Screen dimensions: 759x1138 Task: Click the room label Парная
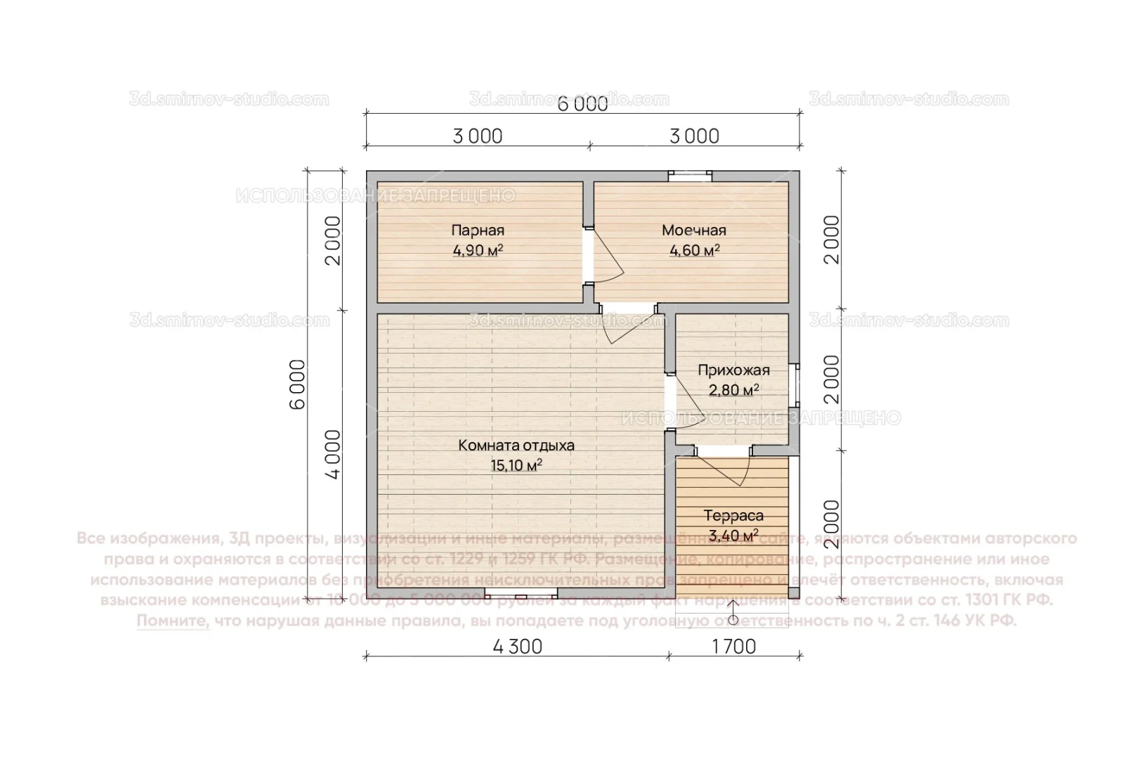point(478,230)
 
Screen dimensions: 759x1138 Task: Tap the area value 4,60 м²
point(694,250)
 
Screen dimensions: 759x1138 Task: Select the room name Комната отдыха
point(516,445)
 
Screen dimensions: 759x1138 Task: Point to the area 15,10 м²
point(516,465)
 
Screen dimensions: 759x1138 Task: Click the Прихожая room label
point(733,370)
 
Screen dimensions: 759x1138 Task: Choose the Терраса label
point(733,515)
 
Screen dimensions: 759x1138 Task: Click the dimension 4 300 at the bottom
point(518,646)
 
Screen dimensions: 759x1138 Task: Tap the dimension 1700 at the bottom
point(733,646)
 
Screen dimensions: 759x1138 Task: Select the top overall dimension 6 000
point(582,104)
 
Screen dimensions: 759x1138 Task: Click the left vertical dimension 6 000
point(298,384)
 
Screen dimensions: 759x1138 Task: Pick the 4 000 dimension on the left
point(332,454)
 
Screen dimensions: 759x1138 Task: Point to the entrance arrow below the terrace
point(733,613)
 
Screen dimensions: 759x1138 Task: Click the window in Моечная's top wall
point(689,176)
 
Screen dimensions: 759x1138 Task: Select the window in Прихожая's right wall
point(794,384)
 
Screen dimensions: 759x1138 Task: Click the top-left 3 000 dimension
point(478,136)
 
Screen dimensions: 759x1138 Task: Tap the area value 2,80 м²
point(733,390)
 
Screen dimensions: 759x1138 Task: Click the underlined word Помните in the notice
point(173,621)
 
